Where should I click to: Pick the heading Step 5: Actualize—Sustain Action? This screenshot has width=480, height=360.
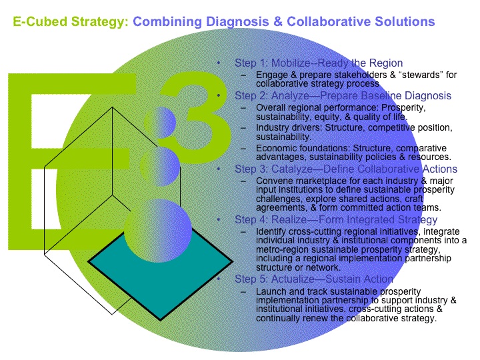[x=313, y=279]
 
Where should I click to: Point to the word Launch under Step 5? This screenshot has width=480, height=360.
[x=269, y=291]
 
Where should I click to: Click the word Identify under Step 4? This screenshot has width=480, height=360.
[x=271, y=230]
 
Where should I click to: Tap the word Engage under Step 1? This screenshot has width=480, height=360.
[x=270, y=74]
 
